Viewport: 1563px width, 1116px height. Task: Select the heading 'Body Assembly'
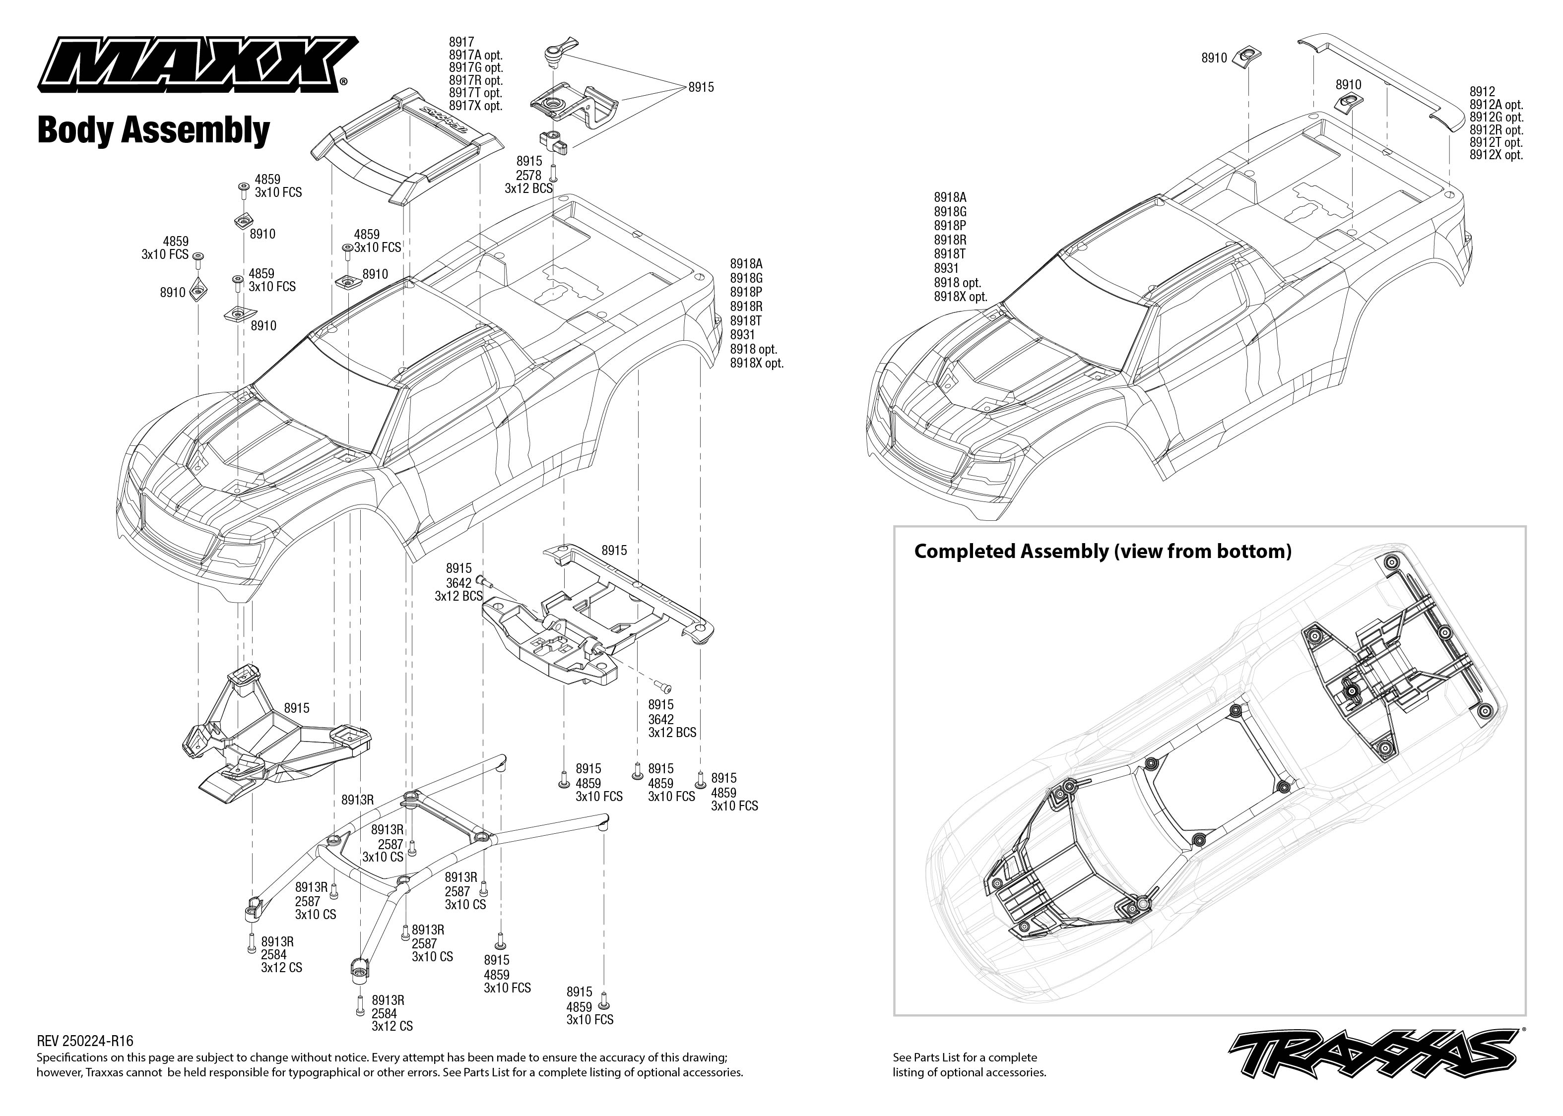click(153, 130)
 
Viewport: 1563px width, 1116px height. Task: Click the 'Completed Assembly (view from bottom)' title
click(1103, 551)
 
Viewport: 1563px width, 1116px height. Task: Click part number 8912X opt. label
click(1497, 155)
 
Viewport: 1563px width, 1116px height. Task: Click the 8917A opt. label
click(476, 55)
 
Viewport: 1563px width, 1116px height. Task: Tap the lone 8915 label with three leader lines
click(701, 87)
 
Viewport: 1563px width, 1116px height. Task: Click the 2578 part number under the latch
click(528, 175)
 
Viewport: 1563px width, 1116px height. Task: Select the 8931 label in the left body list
click(742, 335)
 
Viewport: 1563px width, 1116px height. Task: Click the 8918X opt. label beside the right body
click(960, 297)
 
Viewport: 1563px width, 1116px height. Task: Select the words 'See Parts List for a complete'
click(964, 1057)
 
